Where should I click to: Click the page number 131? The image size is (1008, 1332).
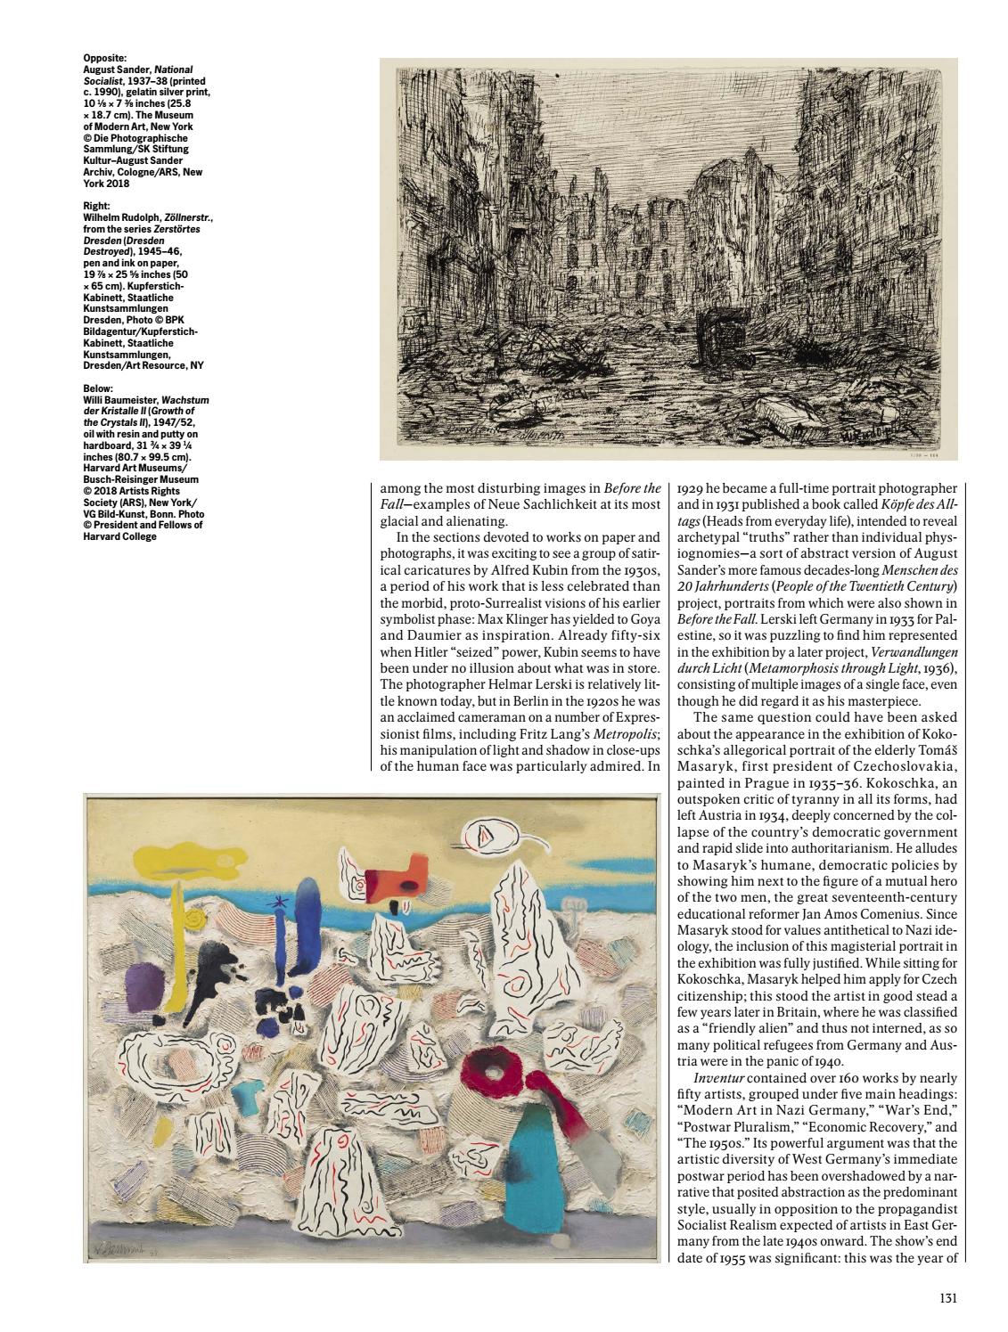coord(948,1298)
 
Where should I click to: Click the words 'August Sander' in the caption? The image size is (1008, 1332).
coord(110,69)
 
